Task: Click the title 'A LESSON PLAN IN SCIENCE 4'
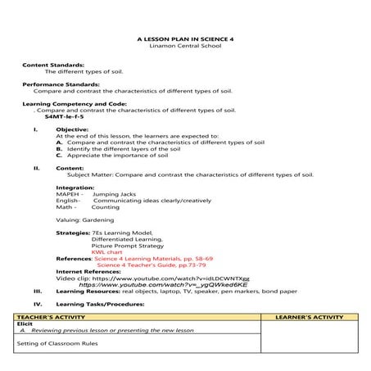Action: (x=184, y=38)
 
